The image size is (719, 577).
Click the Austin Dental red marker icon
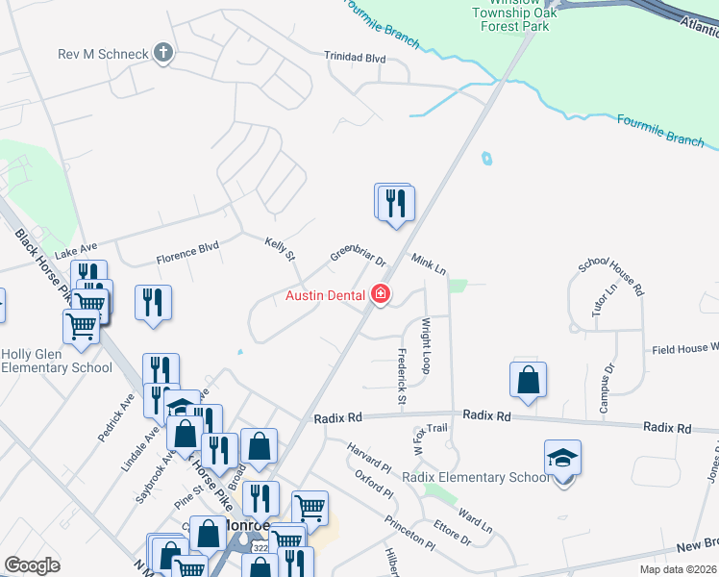pyautogui.click(x=381, y=294)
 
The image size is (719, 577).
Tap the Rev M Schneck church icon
pyautogui.click(x=164, y=52)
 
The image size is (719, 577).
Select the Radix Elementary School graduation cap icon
pyautogui.click(x=562, y=457)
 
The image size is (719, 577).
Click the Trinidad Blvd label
pyautogui.click(x=354, y=58)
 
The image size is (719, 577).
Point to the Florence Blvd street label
pyautogui.click(x=187, y=254)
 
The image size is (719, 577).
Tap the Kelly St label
pyautogui.click(x=280, y=248)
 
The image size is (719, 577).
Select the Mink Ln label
pyautogui.click(x=429, y=263)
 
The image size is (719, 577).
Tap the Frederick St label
pyautogui.click(x=402, y=376)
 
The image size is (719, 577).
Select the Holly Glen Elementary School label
pyautogui.click(x=57, y=361)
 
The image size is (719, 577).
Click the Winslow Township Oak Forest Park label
pyautogui.click(x=510, y=15)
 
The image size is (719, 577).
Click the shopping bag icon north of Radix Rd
pyautogui.click(x=528, y=380)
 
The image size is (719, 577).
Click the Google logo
pyautogui.click(x=32, y=565)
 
